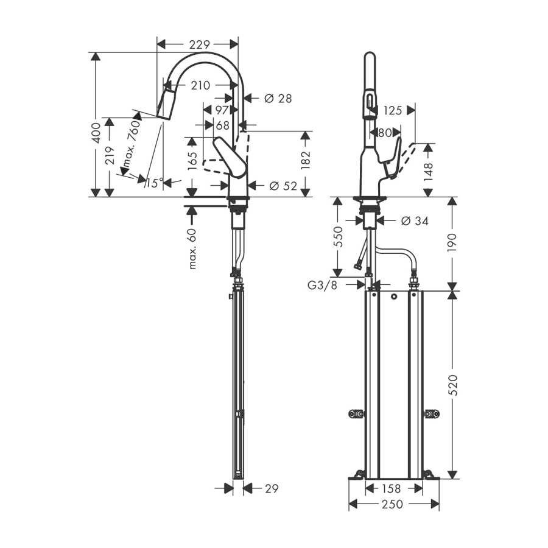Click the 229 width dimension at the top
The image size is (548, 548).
[200, 44]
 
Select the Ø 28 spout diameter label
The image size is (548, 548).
[278, 99]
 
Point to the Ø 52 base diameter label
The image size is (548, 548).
[283, 186]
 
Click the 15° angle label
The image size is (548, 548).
[155, 183]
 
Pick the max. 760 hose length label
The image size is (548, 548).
[131, 143]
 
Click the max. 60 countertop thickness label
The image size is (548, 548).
[192, 248]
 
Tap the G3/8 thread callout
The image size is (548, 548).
[322, 285]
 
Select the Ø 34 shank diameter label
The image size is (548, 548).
[415, 221]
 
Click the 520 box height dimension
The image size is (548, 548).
[452, 385]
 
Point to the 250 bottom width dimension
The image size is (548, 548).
[393, 504]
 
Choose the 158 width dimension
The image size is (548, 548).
[391, 488]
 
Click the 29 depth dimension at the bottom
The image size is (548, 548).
[272, 488]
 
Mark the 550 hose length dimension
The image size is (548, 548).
[339, 237]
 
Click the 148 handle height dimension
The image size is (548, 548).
[428, 172]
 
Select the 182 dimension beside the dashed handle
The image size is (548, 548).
[306, 160]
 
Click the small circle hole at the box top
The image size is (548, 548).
[394, 297]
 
